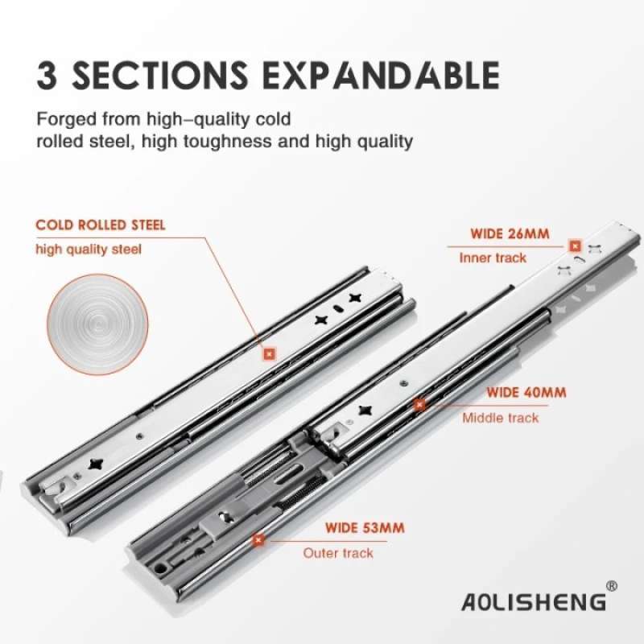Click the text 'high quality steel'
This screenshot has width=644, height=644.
click(89, 249)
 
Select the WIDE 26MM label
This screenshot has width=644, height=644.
click(510, 234)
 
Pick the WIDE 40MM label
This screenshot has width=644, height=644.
click(526, 393)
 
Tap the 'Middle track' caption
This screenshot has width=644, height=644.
click(500, 418)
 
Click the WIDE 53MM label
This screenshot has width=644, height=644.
click(365, 529)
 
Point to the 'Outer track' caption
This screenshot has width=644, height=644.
click(338, 553)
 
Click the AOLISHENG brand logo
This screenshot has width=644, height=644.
click(532, 601)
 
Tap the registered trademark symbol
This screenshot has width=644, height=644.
click(611, 585)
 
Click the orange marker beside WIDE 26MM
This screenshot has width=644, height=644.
click(575, 246)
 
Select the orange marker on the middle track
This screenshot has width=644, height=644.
click(419, 404)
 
